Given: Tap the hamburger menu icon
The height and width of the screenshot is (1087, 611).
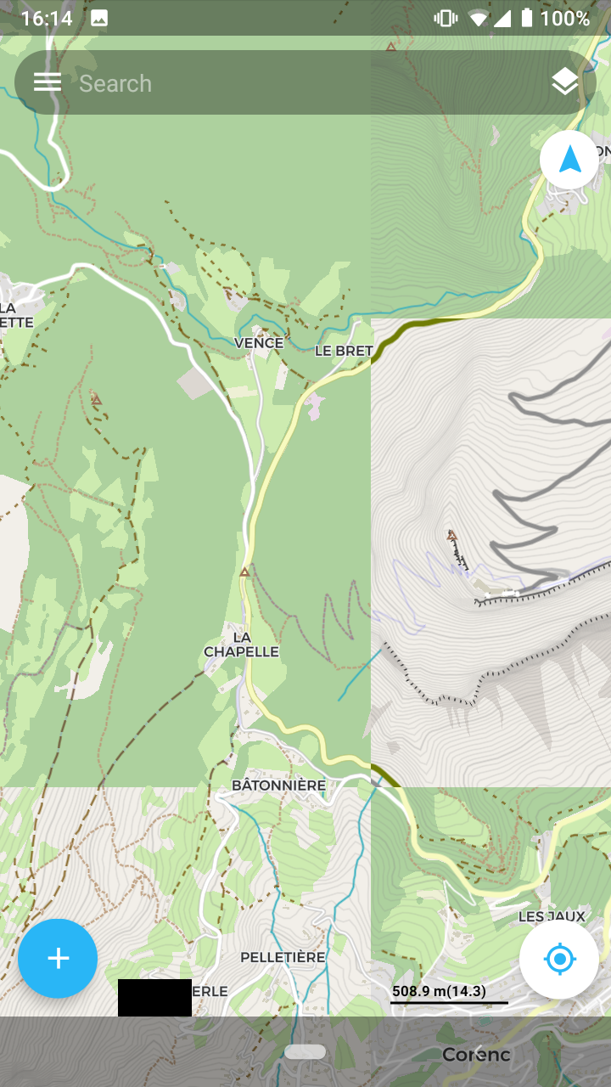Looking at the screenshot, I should click(48, 82).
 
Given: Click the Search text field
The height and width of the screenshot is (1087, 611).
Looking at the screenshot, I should click(297, 83).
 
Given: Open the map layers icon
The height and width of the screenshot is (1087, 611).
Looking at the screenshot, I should click(564, 82).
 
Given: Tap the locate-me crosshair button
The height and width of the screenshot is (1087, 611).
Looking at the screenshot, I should click(559, 960).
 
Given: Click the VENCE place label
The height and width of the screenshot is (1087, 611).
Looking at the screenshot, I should click(259, 343).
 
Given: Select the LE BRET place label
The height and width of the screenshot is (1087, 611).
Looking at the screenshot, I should click(344, 351).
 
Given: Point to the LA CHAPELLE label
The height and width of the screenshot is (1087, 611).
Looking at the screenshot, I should click(242, 645).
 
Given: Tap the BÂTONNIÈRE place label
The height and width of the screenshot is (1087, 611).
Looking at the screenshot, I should click(278, 786).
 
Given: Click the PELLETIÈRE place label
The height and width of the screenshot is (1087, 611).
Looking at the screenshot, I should click(283, 957).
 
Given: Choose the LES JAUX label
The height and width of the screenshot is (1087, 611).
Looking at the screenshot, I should click(552, 916).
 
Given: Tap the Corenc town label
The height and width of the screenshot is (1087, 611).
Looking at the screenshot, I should click(476, 1055).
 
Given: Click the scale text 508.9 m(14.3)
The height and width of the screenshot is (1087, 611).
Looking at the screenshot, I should click(439, 991).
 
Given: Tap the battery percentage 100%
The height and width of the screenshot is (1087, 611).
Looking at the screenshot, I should click(564, 18).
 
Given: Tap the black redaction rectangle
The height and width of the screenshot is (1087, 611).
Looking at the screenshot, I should click(154, 998).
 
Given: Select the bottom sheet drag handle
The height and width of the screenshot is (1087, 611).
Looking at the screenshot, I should click(305, 1051).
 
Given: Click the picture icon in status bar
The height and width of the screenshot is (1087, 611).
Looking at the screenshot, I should click(99, 18).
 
